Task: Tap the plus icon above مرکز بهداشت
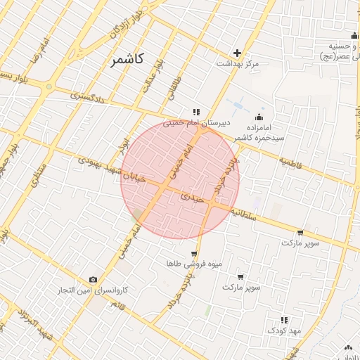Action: pos(238,53)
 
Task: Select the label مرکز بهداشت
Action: pos(238,64)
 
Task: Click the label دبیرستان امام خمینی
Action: pos(192,122)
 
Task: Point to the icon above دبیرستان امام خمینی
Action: pos(197,111)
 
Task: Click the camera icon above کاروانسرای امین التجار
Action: pos(94,279)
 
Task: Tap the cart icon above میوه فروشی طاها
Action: pos(193,254)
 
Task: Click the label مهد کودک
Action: pos(283,330)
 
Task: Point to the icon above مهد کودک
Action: pos(284,319)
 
